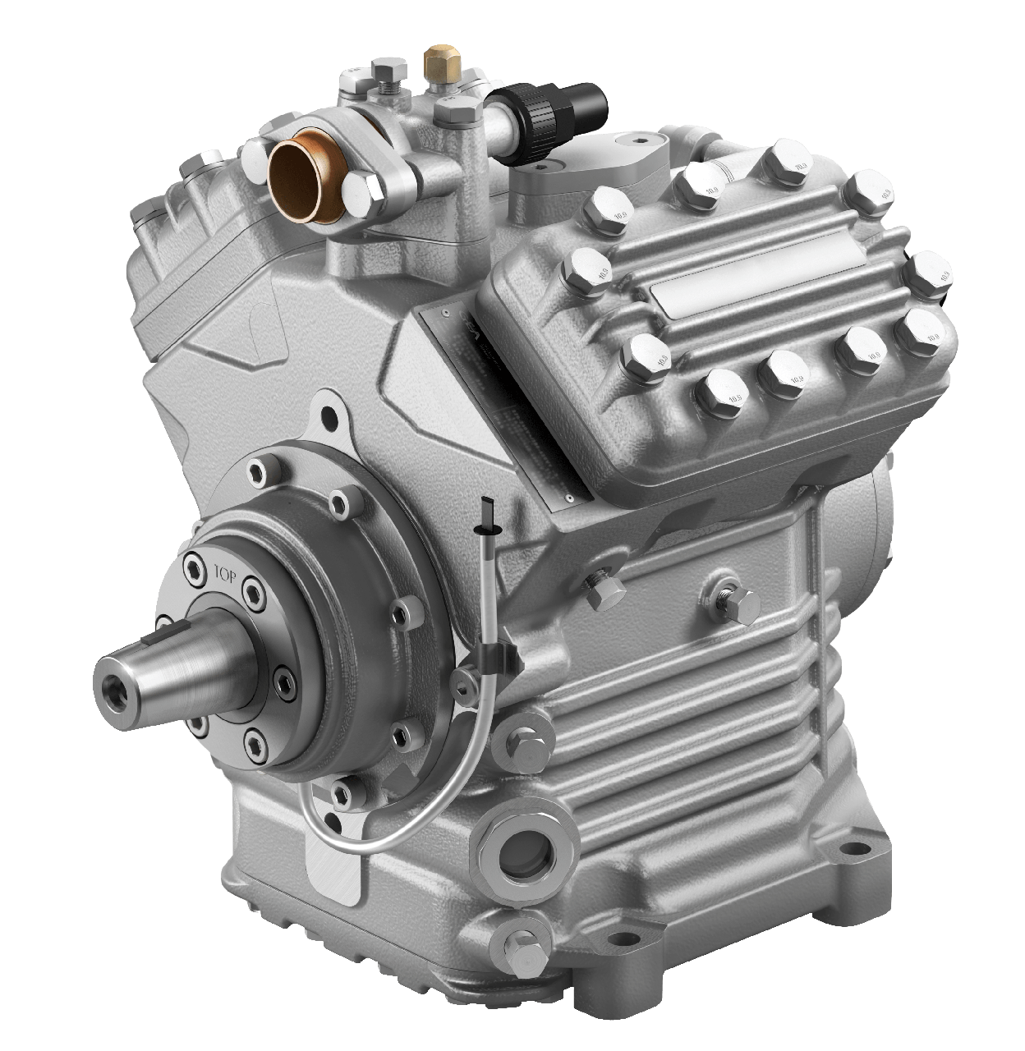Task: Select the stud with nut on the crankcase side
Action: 728,598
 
